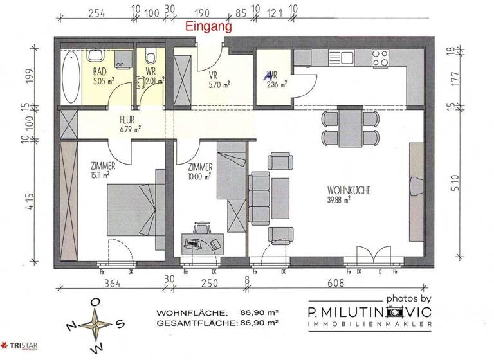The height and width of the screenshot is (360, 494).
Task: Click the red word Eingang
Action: pyautogui.click(x=208, y=28)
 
